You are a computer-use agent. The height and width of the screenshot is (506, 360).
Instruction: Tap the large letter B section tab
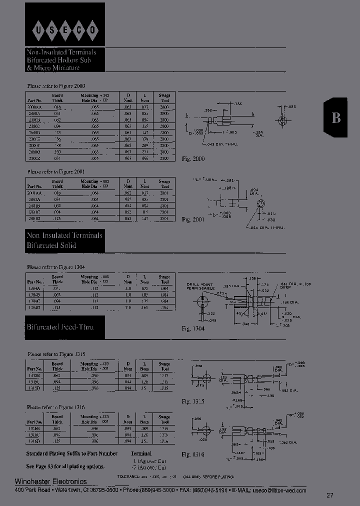[336, 117]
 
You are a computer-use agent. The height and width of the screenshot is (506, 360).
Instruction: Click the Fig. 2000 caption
[193, 158]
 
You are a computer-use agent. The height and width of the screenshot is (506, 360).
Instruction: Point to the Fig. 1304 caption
[193, 328]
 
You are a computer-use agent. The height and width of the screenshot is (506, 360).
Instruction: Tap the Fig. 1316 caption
[193, 454]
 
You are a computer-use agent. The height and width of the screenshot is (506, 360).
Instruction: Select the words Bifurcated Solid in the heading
[51, 245]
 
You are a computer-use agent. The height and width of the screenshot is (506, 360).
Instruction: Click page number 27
[329, 495]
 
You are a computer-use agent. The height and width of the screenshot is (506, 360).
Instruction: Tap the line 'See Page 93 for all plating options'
[65, 466]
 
